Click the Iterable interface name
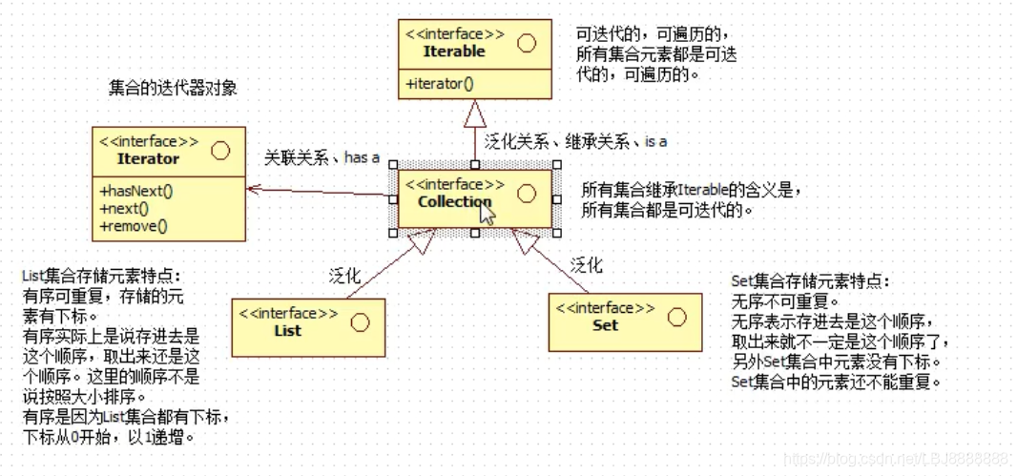[454, 52]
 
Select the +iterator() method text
[440, 84]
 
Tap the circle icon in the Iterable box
[526, 44]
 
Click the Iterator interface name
[148, 158]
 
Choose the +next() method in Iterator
[124, 208]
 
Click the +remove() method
[133, 226]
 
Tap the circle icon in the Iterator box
[220, 151]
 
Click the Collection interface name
[454, 201]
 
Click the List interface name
[287, 330]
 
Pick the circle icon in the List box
[360, 322]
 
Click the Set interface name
[605, 324]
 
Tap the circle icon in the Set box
[676, 317]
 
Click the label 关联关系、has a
[322, 157]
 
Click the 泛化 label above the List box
[345, 277]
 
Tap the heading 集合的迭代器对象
[173, 88]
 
